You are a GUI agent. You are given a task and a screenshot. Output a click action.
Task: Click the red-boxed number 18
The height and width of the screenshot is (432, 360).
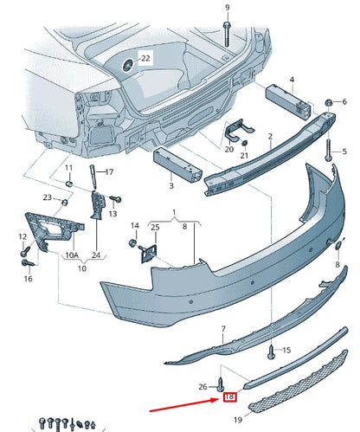pos(229,397)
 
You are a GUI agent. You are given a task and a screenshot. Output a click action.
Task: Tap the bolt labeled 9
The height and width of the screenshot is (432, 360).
pos(227,34)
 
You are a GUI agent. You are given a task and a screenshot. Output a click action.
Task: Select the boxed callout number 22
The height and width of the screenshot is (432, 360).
pos(145,58)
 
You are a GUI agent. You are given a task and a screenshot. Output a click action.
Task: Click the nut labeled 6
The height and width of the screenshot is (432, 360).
pos(328,102)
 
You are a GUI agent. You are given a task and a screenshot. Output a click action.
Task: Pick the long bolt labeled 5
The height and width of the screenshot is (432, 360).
pos(329,150)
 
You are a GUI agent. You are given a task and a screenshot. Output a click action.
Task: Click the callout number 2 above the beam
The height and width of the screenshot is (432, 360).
pos(270,136)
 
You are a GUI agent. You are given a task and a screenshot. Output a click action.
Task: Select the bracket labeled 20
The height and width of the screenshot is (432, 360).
pos(238,131)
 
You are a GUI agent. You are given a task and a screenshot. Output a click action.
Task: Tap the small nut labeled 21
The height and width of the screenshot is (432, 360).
pos(244,143)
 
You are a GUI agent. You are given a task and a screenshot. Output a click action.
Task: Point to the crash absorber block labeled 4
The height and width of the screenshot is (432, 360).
pos(288,101)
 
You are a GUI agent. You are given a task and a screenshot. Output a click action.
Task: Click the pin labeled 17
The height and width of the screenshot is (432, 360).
pos(93,177)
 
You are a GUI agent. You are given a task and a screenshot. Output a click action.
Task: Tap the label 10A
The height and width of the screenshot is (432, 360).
pos(72,255)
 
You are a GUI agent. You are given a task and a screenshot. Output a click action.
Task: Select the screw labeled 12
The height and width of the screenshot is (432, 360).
pos(26,249)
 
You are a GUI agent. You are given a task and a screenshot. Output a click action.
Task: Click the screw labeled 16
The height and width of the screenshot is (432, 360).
pos(29,262)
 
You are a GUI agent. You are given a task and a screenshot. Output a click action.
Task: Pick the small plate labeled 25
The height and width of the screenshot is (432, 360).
pos(149,254)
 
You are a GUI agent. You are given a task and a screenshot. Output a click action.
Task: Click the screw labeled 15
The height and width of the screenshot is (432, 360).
pos(272,352)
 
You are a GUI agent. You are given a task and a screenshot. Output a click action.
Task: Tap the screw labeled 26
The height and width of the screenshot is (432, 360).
pos(221,384)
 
